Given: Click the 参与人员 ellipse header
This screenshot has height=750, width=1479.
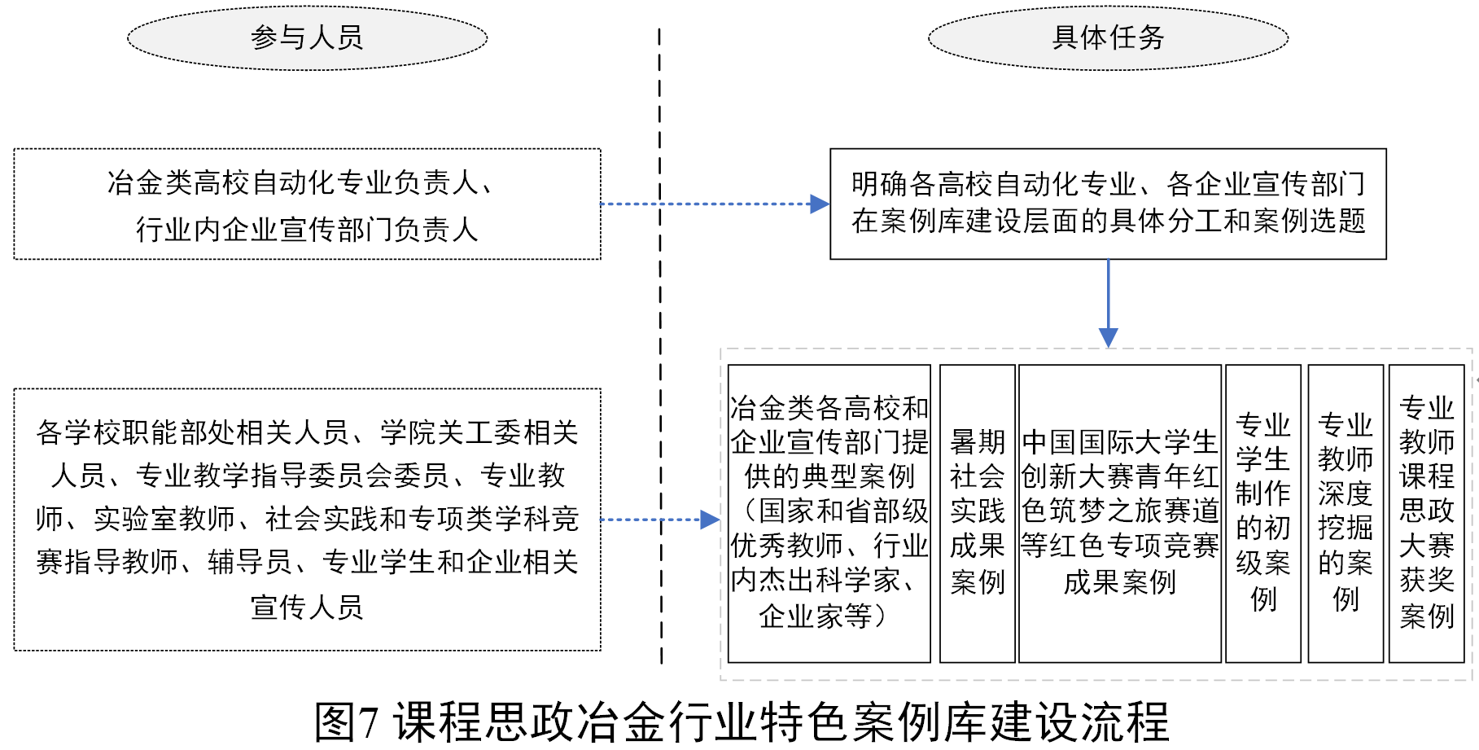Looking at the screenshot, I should point(307,37).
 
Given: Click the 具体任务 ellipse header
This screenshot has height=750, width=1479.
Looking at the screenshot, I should point(1108,37).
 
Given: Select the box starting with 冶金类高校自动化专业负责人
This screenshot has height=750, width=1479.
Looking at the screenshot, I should point(307,204).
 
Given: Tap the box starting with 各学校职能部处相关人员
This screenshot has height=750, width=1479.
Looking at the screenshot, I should point(307,519).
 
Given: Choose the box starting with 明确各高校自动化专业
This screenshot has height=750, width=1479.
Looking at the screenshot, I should point(1108,204).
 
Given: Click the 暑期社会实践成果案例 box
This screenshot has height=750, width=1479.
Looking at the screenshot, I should point(977,513).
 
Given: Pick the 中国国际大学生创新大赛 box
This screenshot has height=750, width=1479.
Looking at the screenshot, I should point(1119,513).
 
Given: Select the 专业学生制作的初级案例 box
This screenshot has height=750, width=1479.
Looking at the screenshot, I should point(1262,513).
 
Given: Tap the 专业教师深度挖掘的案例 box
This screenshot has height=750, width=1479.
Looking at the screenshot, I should point(1345,513).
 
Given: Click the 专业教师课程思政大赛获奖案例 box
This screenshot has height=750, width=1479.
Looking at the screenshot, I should point(1426,513).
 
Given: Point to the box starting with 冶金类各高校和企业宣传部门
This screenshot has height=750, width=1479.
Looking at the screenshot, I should point(829,513).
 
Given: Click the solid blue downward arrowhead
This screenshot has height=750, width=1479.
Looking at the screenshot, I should point(1108,337).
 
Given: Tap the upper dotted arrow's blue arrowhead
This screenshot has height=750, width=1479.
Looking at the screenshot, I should point(819,204).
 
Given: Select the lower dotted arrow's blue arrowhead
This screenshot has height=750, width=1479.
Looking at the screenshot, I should point(710,520).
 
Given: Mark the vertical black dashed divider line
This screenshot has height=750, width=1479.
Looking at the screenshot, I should point(660,342).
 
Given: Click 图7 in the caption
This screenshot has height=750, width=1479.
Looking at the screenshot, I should point(347,722).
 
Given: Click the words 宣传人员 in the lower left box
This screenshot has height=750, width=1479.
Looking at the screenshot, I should point(307,607).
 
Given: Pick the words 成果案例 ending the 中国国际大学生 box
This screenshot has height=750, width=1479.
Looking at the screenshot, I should point(1119,581).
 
